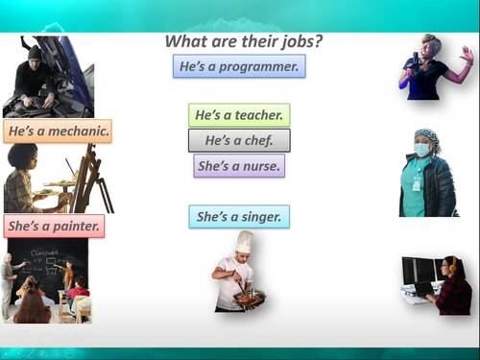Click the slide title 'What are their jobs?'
pos(243,41)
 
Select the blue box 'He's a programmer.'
pos(239,66)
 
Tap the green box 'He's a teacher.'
pos(239,115)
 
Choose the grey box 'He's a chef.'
pos(239,140)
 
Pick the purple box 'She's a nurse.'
pos(239,166)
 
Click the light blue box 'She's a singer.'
pos(239,217)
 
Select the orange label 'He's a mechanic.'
pos(58,130)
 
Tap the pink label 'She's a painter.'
pos(55,227)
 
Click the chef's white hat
pos(245,242)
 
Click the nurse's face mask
pos(423,151)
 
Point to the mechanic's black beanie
pos(36,51)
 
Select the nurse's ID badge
pos(417,181)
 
